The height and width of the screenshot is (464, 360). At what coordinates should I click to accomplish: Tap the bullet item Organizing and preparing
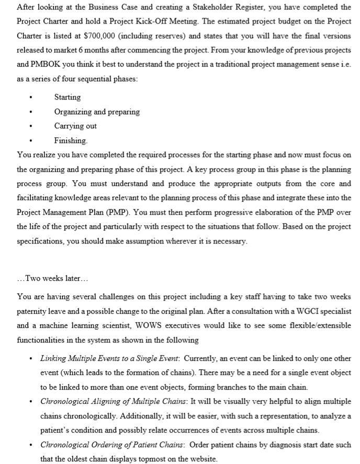(97, 112)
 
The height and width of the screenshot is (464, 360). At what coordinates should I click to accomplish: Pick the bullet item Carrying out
(75, 126)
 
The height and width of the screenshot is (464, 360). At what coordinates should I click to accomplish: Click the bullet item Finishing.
(71, 140)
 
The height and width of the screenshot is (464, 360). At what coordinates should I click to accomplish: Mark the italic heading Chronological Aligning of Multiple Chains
(114, 402)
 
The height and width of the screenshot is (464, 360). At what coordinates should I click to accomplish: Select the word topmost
(144, 459)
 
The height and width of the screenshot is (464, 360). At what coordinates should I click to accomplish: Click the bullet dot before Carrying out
(32, 126)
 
